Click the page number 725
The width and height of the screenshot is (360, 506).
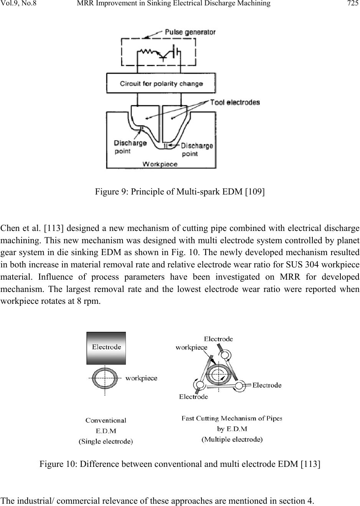pos(353,3)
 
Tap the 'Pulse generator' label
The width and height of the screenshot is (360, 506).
pos(190,32)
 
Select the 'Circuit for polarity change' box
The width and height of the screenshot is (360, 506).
pos(161,83)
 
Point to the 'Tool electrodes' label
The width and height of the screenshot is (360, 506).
pos(235,102)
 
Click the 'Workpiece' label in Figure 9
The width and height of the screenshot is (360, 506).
pos(160,164)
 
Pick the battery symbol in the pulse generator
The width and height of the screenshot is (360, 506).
pos(175,51)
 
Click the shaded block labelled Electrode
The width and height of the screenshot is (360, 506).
pos(106,348)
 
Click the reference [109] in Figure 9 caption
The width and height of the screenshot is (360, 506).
pos(255,191)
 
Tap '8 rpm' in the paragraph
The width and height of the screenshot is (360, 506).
pos(88,301)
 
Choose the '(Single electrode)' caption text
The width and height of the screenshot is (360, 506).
pos(106,442)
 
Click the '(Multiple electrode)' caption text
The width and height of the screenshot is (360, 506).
pos(232,439)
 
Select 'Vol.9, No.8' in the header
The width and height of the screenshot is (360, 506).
pos(18,3)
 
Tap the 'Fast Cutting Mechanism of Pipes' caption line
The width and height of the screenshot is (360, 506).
pos(232,419)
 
